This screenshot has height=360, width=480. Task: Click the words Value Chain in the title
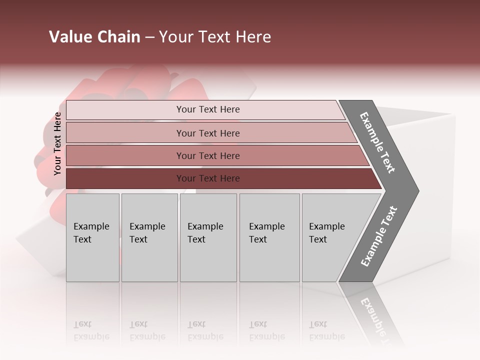94,37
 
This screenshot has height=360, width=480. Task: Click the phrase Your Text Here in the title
215,37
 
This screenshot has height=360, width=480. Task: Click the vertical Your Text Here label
57,143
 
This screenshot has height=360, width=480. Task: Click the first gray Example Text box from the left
92,237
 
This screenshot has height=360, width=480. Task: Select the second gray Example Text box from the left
149,237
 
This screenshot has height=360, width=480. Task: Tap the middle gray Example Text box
208,237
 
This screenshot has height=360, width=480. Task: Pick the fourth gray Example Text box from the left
269,237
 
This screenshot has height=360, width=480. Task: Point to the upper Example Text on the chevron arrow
377,142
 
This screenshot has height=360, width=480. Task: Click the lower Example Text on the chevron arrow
378,236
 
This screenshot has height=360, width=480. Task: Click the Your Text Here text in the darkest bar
207,178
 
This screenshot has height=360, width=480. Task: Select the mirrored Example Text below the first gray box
91,330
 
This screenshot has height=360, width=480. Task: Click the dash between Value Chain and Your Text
149,37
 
